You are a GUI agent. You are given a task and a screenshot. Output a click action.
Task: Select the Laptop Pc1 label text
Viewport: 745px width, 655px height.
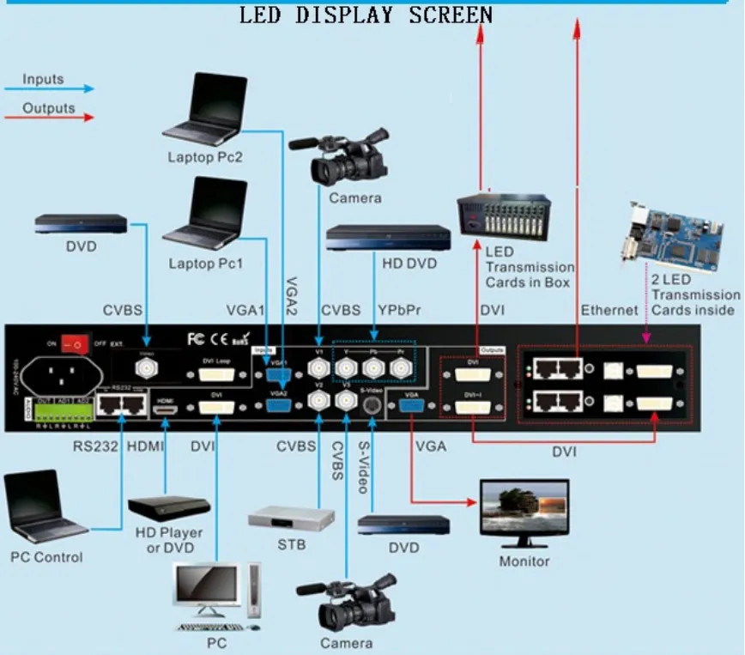click(x=205, y=264)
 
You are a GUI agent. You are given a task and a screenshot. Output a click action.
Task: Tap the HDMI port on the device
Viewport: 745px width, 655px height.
click(x=167, y=405)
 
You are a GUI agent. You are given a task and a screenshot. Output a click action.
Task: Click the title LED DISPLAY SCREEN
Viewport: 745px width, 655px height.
click(x=365, y=15)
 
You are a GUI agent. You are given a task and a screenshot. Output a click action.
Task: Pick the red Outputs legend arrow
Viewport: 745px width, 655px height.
click(x=49, y=118)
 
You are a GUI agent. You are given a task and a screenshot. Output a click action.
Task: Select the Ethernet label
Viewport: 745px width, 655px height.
click(x=609, y=310)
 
